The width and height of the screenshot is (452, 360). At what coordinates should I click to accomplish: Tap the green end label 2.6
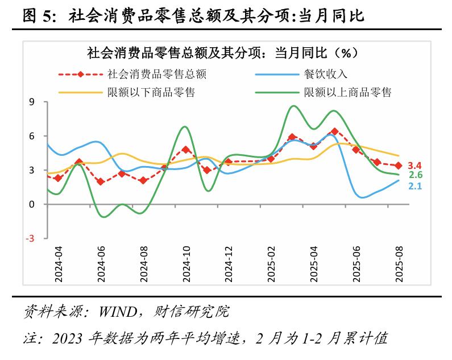point(416,175)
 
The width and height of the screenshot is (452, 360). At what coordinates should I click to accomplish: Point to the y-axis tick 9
point(32,102)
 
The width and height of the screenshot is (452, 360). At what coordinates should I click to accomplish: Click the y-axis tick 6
point(32,136)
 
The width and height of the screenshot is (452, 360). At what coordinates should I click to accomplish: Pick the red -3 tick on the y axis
point(30,239)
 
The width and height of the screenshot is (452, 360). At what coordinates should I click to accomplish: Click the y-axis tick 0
point(32,205)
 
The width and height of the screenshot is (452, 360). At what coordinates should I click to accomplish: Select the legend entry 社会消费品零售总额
point(156,73)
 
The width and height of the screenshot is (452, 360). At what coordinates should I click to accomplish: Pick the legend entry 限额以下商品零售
point(151,92)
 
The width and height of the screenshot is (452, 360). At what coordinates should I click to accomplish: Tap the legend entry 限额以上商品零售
point(348,92)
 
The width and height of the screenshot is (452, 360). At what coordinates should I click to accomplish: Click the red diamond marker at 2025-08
point(399,165)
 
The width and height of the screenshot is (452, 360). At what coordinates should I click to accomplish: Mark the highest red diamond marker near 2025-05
point(334,131)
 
